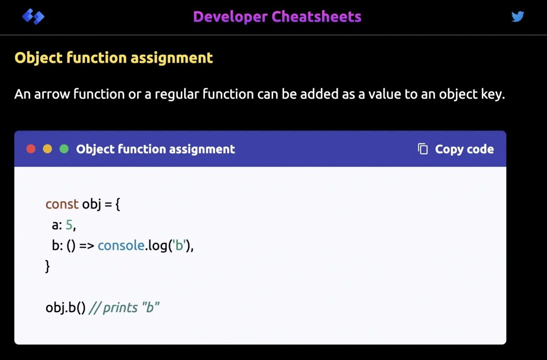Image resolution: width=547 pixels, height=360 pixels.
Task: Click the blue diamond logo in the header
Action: pos(33,17)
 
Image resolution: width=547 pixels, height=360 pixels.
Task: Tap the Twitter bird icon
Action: pos(517,17)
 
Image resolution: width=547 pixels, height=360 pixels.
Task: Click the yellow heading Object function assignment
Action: pos(114,58)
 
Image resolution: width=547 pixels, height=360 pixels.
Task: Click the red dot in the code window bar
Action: pos(31,149)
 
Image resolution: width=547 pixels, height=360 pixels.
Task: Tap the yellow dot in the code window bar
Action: pos(47,149)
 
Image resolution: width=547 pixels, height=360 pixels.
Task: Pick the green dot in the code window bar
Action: pos(64,149)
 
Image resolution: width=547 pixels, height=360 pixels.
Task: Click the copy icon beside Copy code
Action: pos(423,149)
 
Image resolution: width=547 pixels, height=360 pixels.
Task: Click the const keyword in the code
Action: pos(62,204)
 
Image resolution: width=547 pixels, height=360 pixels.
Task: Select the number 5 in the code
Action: pos(69,225)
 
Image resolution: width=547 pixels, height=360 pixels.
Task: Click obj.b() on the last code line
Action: pos(65,308)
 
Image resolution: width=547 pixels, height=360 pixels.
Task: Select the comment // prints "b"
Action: pos(124,308)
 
